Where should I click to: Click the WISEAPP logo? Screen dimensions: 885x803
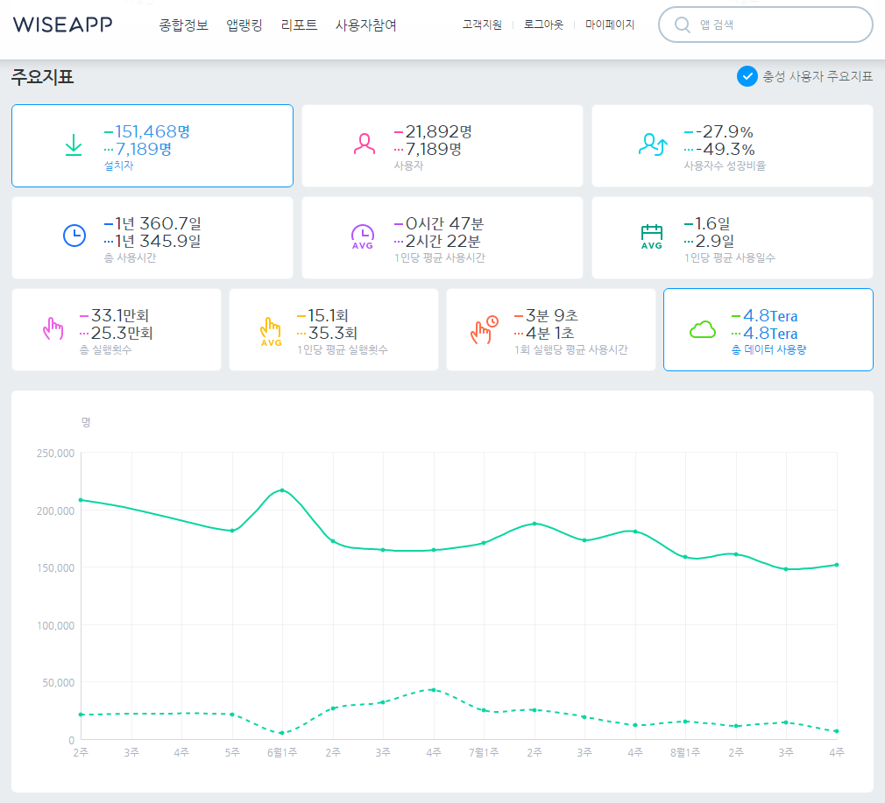tap(62, 25)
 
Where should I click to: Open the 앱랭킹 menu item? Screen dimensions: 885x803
tap(244, 25)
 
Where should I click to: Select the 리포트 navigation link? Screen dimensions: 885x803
tap(299, 25)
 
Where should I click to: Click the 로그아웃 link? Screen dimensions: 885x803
tap(543, 25)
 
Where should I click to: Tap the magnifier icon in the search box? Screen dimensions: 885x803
tap(683, 25)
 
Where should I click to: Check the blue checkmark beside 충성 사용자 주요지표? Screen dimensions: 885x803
tap(747, 76)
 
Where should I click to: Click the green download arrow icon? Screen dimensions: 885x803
tap(74, 144)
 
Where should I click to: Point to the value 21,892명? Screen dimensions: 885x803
tap(438, 131)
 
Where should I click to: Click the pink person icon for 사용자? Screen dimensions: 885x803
tap(364, 144)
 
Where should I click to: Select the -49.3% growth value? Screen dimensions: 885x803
tap(726, 150)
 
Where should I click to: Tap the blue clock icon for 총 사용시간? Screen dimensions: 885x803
tap(74, 236)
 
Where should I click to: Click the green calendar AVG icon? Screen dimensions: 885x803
tap(651, 236)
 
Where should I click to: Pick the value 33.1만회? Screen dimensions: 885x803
tap(120, 315)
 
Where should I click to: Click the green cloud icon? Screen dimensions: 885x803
tap(703, 329)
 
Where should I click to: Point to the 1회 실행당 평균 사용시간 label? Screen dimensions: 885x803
tap(570, 349)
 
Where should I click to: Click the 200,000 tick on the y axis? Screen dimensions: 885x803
tap(55, 511)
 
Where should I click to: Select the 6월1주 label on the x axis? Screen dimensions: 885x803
tap(282, 752)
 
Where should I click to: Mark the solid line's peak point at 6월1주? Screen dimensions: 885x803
tap(282, 490)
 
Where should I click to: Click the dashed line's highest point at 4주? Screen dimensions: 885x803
tap(433, 690)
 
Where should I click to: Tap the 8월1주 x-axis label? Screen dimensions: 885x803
tap(685, 752)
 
